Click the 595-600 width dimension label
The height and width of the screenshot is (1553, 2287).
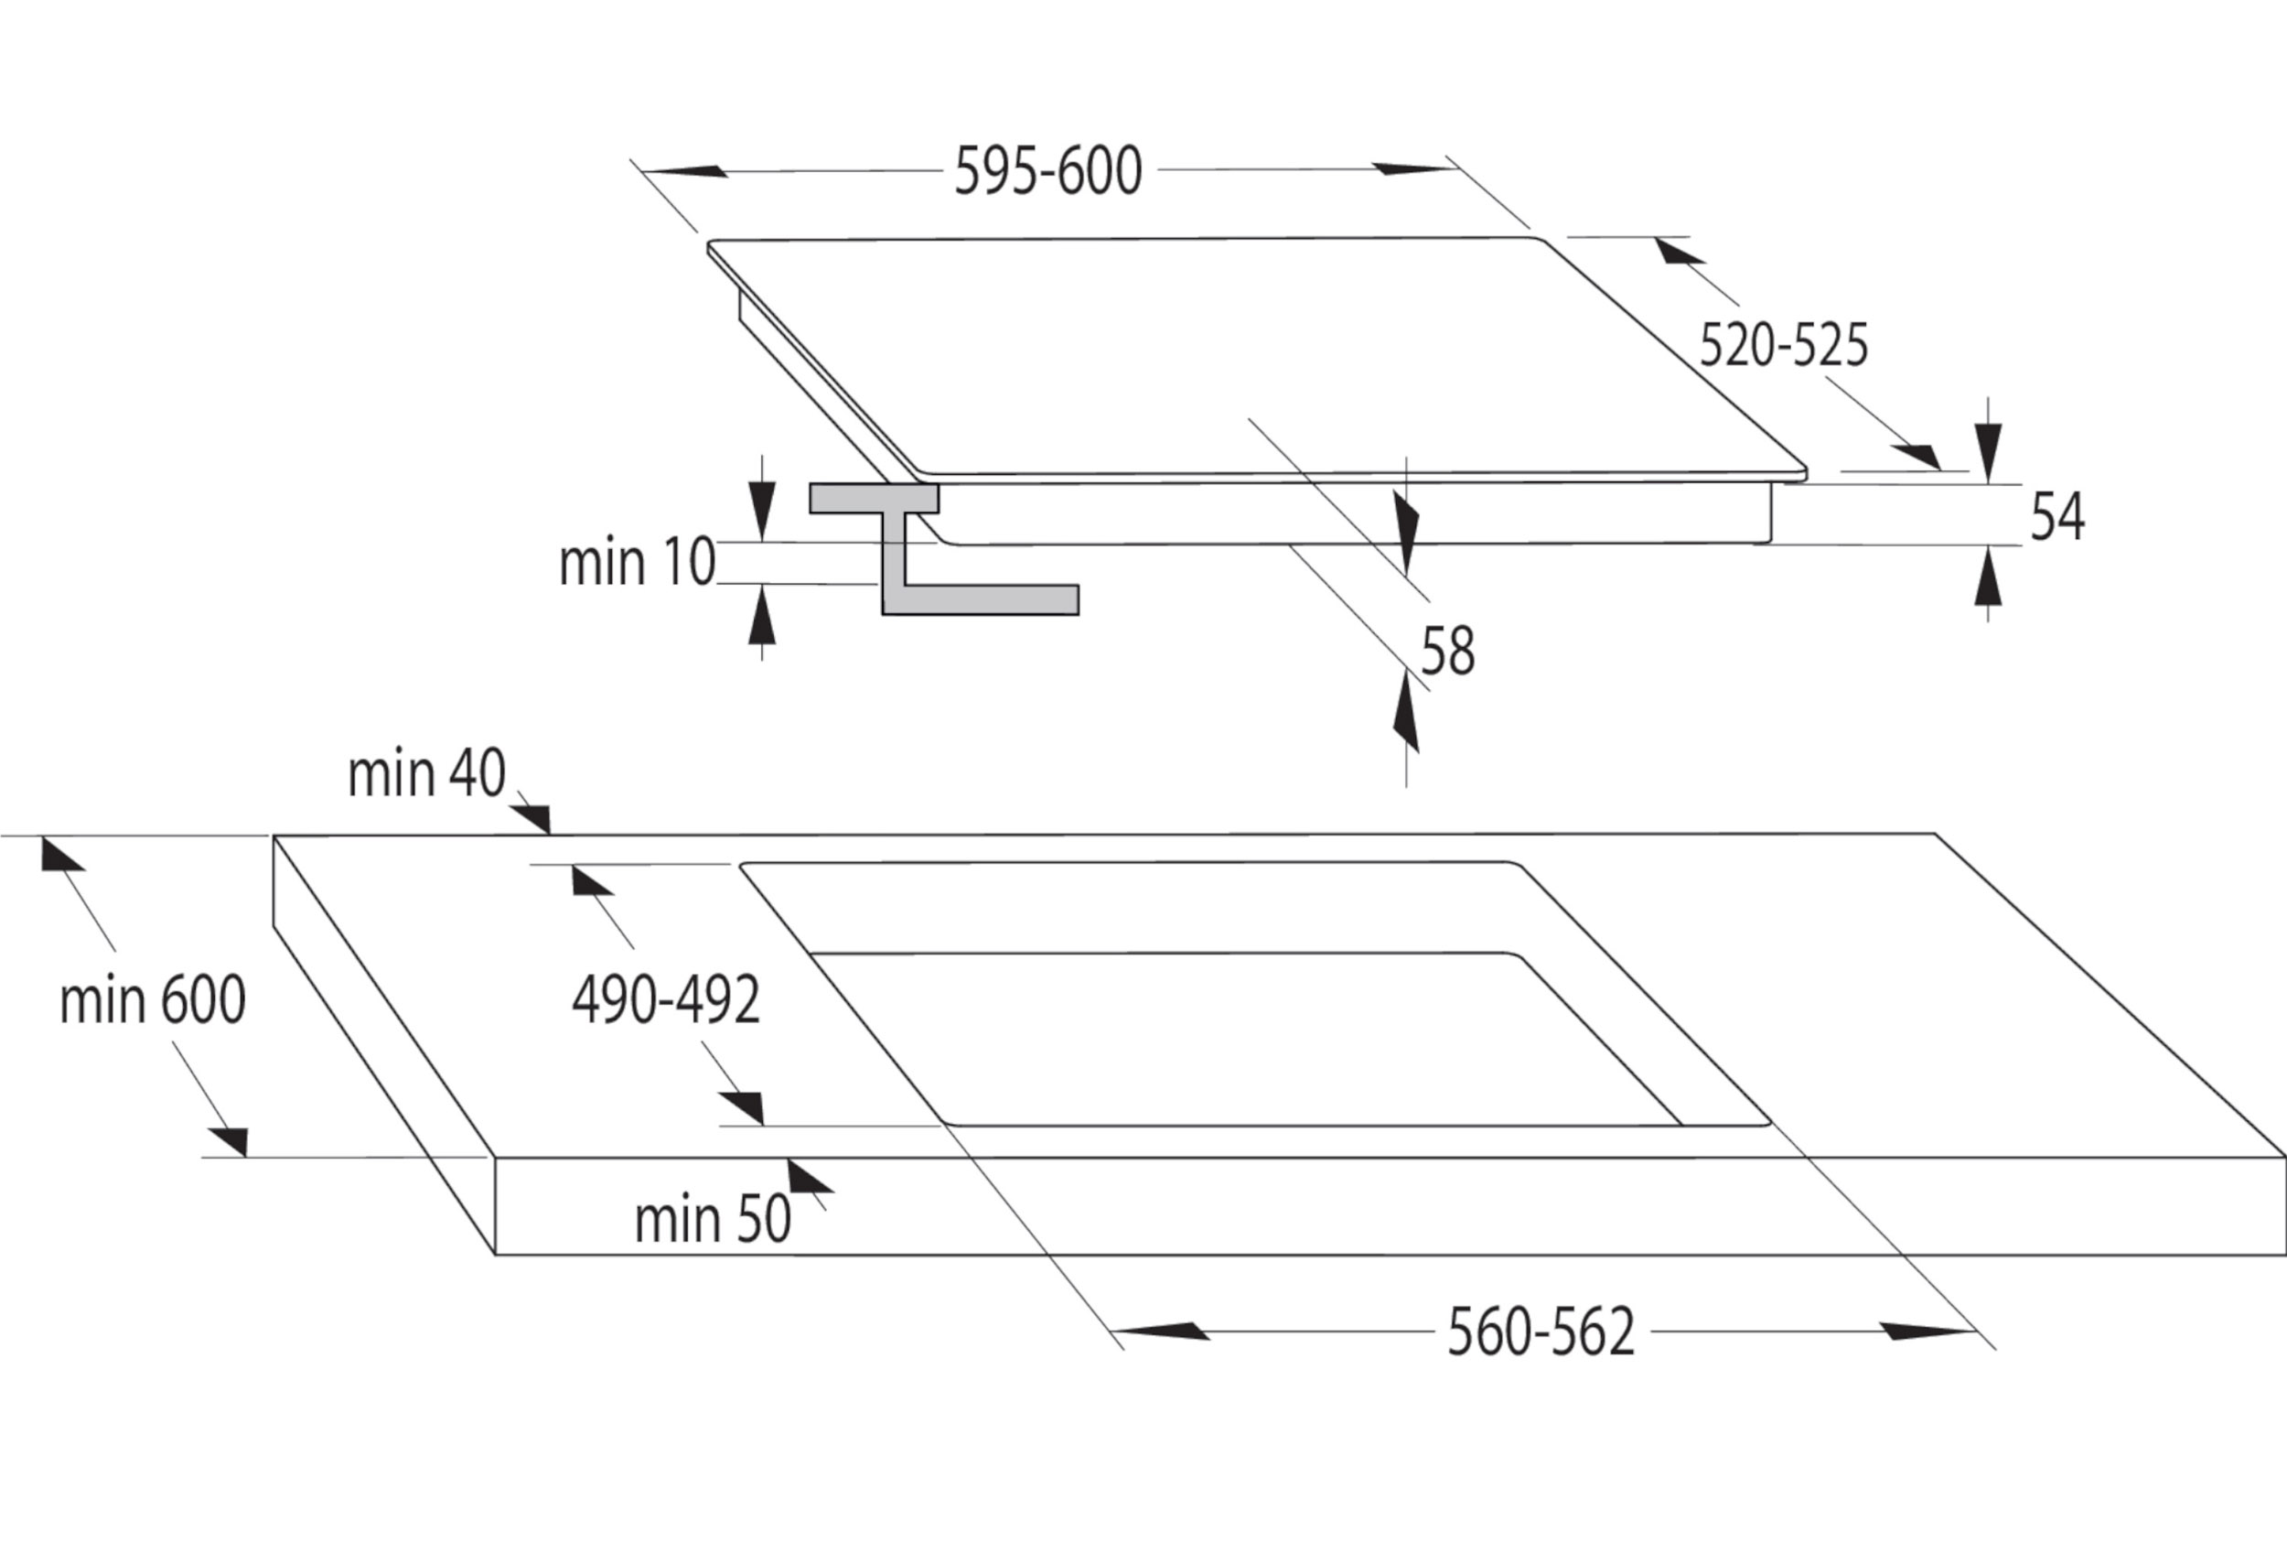pos(1048,171)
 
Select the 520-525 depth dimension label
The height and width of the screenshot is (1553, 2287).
pos(1783,345)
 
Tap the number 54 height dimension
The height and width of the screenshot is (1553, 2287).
pos(2056,517)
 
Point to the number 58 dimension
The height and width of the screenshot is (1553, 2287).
pos(1447,652)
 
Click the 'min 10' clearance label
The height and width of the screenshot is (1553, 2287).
pos(637,563)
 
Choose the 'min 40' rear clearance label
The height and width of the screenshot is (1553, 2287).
pos(426,773)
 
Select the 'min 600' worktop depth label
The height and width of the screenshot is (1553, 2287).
pos(153,1000)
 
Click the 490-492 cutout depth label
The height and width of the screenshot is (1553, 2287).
pos(666,1000)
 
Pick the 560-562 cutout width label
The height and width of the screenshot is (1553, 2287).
pos(1541,1332)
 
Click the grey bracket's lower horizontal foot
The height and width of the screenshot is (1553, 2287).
pos(991,599)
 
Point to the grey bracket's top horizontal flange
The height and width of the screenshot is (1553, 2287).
pos(874,498)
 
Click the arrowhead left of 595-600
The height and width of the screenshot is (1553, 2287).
pos(685,171)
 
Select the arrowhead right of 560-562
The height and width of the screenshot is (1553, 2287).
pos(1927,1332)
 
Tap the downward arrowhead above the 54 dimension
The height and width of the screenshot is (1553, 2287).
pos(1988,453)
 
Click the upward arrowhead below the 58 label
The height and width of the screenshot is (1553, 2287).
pos(1407,714)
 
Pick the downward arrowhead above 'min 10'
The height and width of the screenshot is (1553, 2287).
pos(762,510)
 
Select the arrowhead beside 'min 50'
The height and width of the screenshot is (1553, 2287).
pos(809,1176)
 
